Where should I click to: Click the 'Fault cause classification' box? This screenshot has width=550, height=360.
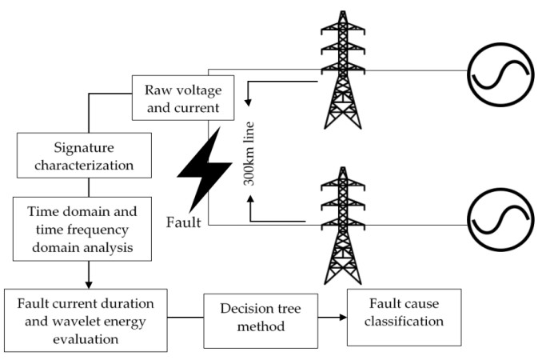pos(404,317)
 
